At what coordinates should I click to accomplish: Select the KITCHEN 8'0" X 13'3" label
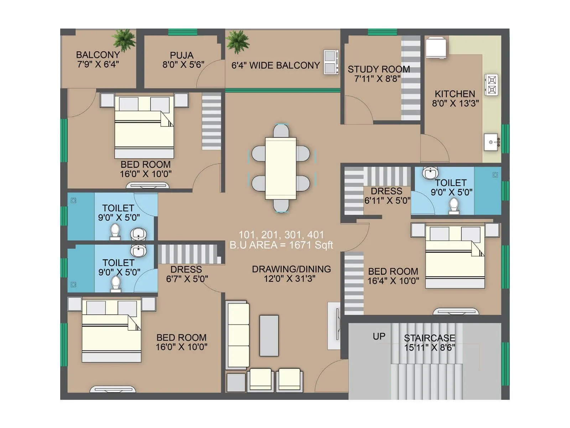(x=455, y=98)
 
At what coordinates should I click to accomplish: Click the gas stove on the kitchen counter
(x=492, y=85)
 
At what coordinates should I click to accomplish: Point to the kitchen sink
(x=491, y=142)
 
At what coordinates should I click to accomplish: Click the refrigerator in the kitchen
(x=436, y=47)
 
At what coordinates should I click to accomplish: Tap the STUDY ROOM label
(x=378, y=74)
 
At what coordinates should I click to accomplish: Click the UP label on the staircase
(x=379, y=336)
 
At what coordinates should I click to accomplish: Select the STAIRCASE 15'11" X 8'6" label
(x=429, y=342)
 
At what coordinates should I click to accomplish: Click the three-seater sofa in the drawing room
(x=238, y=335)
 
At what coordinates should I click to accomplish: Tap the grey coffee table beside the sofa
(x=269, y=336)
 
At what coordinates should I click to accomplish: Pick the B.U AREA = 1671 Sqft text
(x=281, y=245)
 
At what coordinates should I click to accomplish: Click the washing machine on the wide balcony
(x=331, y=62)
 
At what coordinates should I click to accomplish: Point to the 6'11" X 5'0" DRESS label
(x=387, y=196)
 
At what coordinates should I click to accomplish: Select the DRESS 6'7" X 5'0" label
(x=187, y=274)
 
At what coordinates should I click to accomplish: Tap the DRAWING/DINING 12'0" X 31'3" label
(x=291, y=274)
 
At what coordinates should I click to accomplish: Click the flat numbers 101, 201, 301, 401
(x=281, y=235)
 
